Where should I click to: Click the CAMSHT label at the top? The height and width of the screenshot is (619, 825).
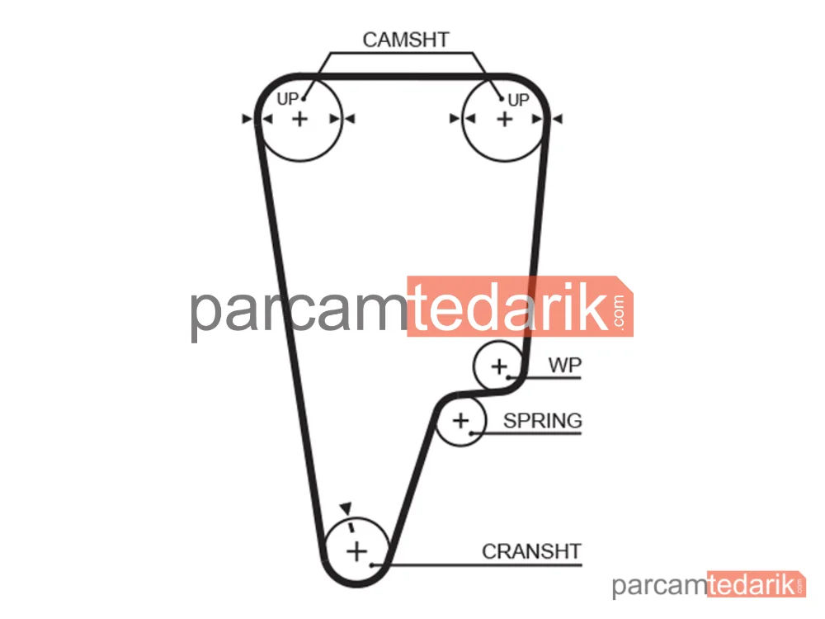[x=406, y=40]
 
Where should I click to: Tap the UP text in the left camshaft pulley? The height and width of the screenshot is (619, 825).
[x=287, y=98]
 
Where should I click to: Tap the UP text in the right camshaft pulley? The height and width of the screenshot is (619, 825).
[x=518, y=100]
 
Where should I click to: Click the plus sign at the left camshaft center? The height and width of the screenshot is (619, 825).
[x=300, y=119]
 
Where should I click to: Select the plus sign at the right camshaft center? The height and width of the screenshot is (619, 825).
[x=505, y=119]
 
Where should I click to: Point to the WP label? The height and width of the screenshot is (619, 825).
[x=564, y=365]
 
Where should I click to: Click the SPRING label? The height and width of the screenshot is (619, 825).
[x=543, y=421]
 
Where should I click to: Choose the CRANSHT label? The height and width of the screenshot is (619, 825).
[x=531, y=551]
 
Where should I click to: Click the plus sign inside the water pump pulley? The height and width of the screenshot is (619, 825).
[x=499, y=366]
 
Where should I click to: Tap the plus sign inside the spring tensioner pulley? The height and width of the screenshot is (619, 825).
[x=460, y=421]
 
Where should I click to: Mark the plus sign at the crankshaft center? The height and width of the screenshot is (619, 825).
[x=356, y=551]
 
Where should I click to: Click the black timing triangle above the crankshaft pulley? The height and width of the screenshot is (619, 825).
[x=346, y=508]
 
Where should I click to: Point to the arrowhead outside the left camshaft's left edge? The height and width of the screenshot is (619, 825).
[x=247, y=119]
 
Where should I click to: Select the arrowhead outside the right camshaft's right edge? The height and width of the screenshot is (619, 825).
[x=558, y=119]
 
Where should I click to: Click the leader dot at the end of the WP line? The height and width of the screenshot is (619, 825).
[x=508, y=377]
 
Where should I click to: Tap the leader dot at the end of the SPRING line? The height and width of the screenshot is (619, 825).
[x=471, y=433]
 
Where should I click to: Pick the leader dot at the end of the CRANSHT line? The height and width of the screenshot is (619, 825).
[x=371, y=565]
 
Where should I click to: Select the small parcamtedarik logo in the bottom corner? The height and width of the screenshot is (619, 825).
[x=709, y=584]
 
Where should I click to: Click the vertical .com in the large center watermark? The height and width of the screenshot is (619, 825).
[x=619, y=312]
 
